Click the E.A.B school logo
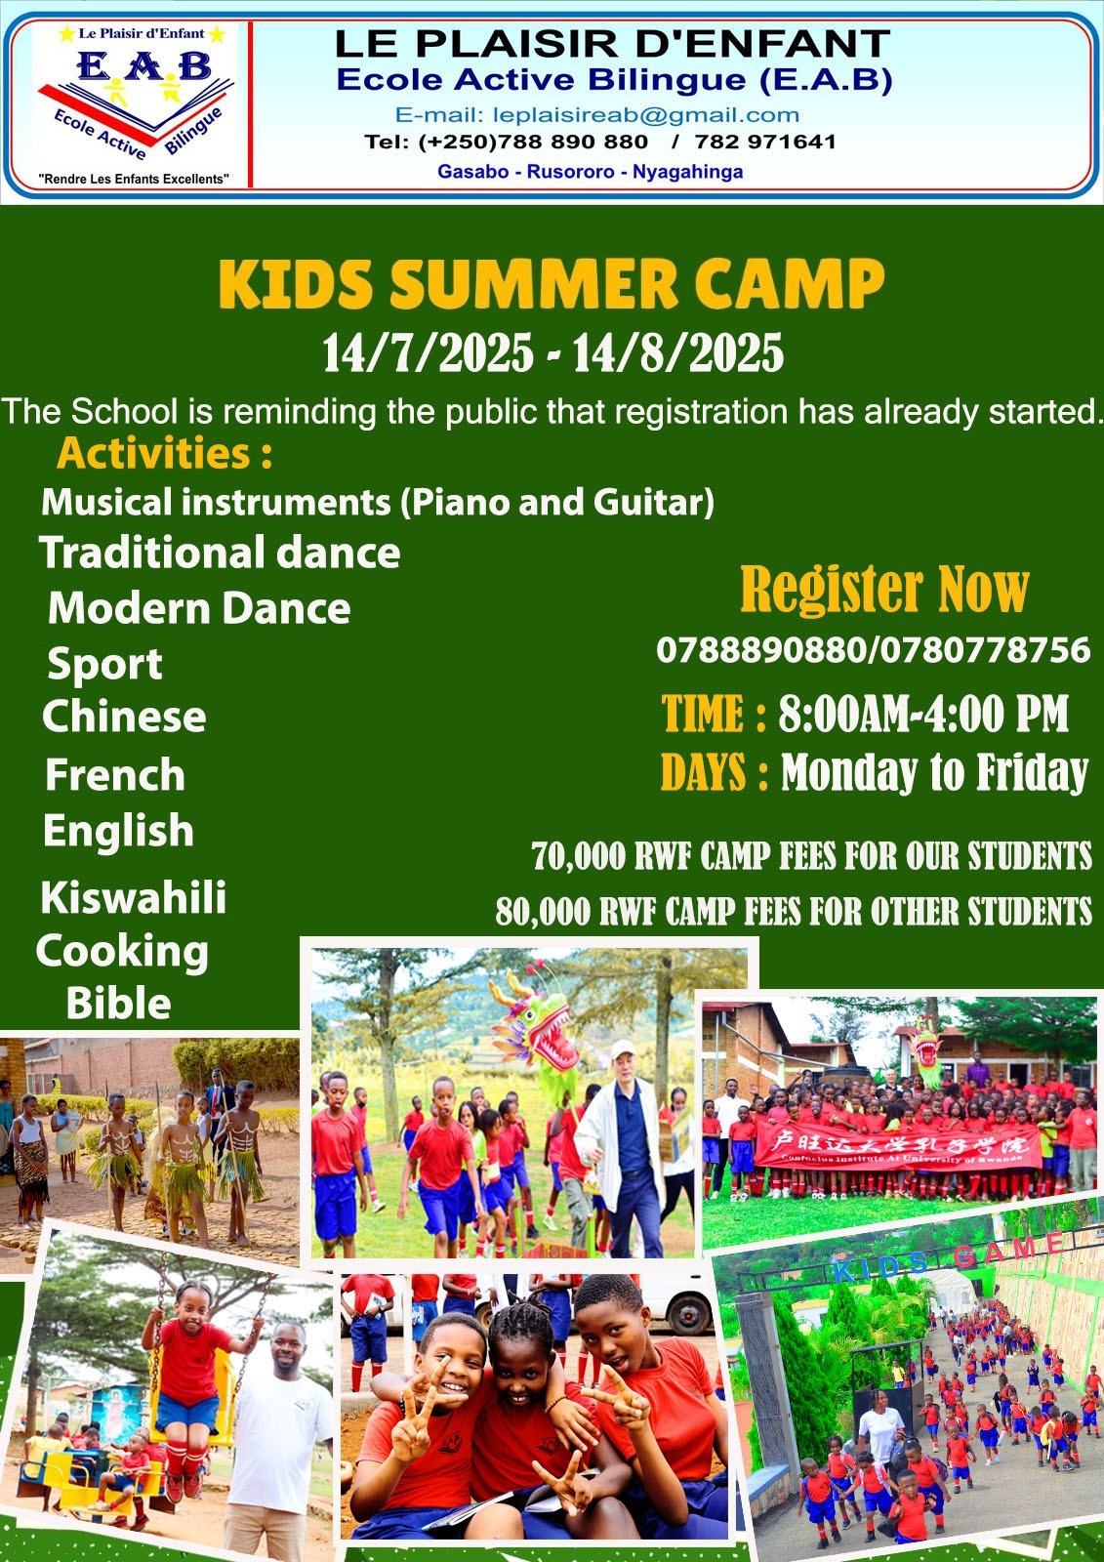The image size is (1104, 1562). click(x=135, y=104)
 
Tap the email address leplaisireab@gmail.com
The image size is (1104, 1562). click(x=646, y=115)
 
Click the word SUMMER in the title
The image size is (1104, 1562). click(x=534, y=284)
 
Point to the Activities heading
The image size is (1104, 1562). click(x=165, y=454)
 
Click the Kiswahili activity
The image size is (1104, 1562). click(x=133, y=897)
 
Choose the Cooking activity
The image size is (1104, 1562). click(x=122, y=953)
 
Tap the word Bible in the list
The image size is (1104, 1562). click(x=118, y=1004)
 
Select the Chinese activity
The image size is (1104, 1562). click(x=124, y=717)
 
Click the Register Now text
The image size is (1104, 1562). click(x=884, y=590)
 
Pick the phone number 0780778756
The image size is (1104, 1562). click(x=984, y=650)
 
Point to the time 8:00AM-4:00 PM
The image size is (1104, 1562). click(x=923, y=714)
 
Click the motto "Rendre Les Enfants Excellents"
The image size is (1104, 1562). click(x=134, y=180)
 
